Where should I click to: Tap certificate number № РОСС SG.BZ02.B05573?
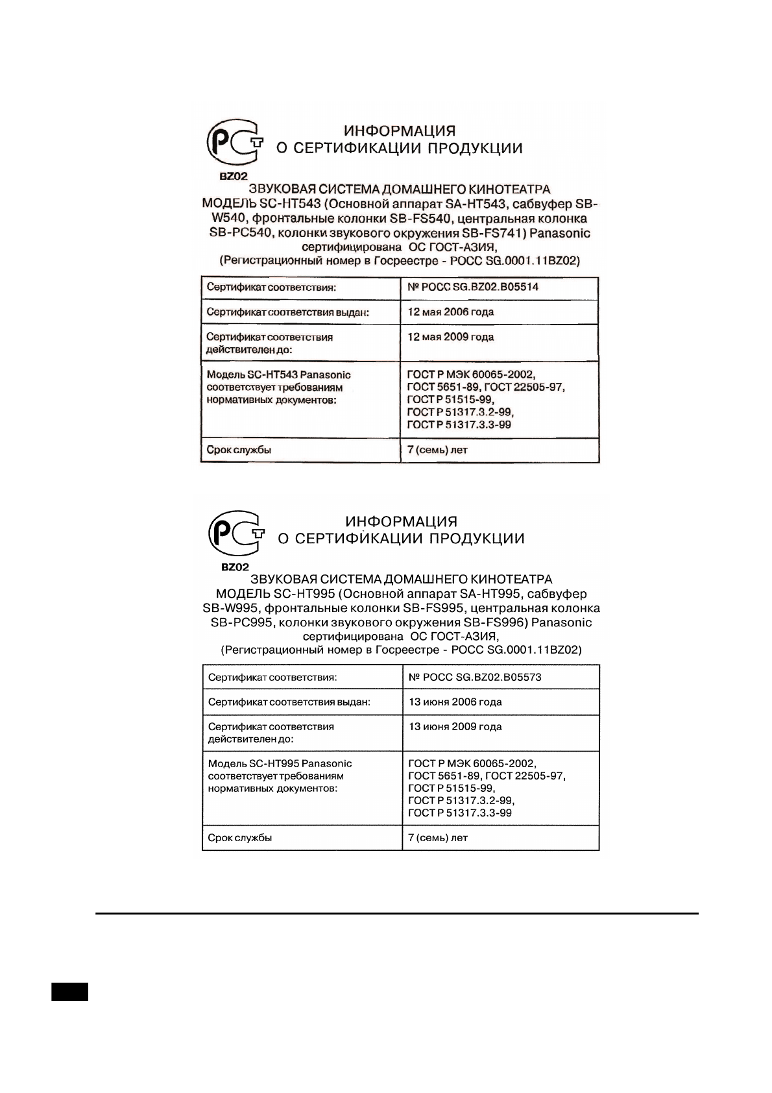click(475, 677)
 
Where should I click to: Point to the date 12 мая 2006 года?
click(450, 312)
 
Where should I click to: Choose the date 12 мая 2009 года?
click(450, 337)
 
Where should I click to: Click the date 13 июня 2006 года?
click(455, 702)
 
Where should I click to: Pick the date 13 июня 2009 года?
click(455, 726)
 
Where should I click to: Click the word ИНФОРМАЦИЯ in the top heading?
click(400, 131)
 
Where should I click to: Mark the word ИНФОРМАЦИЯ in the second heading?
click(401, 522)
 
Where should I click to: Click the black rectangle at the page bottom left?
click(69, 992)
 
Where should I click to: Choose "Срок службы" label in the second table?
click(239, 838)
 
